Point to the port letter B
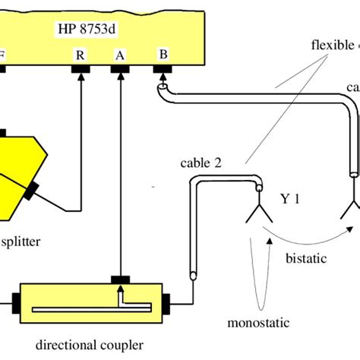coord(162,54)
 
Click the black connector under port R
coord(81,70)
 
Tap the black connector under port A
coord(120,70)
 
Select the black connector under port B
coord(162,70)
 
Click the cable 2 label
coord(201,162)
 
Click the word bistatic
coord(306,258)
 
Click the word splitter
coord(20,242)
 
